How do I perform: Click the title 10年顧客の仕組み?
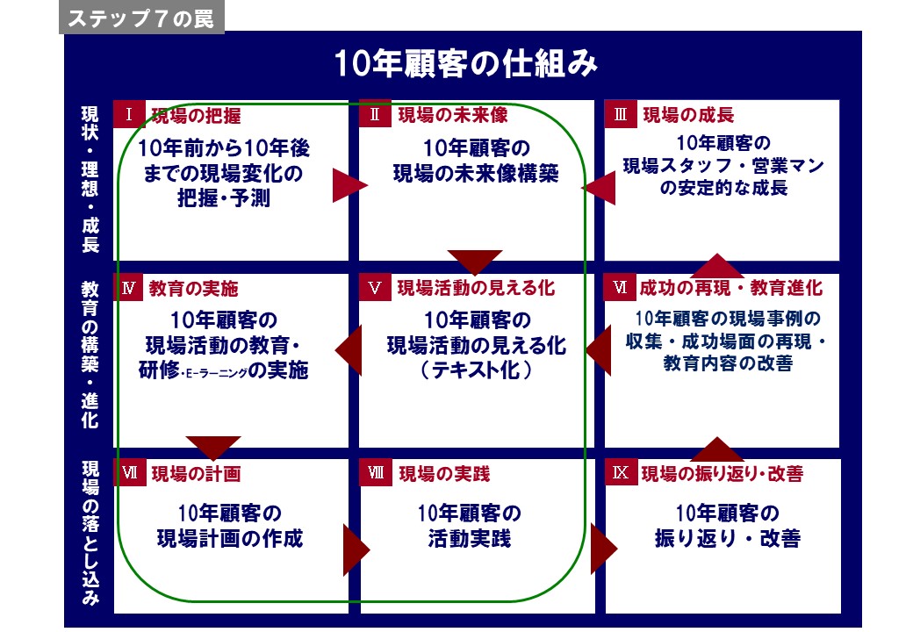[466, 63]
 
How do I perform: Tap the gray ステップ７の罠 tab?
[141, 18]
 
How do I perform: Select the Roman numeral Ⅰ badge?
[129, 114]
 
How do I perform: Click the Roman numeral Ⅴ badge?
[374, 288]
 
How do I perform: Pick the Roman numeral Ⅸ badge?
[621, 472]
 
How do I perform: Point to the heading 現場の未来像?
[452, 115]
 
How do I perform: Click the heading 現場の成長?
[688, 115]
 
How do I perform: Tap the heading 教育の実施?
[193, 288]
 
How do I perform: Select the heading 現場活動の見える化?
[476, 288]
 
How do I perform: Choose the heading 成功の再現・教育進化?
[730, 288]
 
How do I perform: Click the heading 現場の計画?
[197, 474]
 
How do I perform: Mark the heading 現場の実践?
[444, 474]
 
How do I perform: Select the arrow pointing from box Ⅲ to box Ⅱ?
[599, 187]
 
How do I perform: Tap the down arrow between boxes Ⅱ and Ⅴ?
[475, 262]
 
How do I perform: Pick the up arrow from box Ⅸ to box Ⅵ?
[717, 449]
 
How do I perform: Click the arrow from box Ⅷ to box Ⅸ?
[604, 549]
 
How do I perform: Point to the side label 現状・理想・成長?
[90, 179]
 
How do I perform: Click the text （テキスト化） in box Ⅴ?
[476, 370]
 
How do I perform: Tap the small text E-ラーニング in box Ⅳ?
[215, 373]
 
